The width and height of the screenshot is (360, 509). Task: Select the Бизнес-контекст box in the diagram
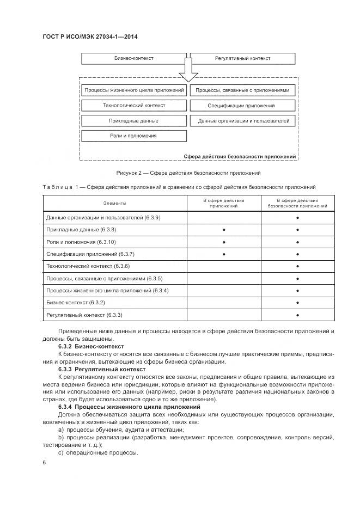coord(133,58)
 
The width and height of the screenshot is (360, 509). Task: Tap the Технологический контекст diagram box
coord(134,105)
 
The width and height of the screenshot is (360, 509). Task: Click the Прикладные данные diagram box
coord(134,120)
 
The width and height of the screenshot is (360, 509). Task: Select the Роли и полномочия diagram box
coord(134,136)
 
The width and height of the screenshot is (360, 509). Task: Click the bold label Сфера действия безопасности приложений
coord(240,156)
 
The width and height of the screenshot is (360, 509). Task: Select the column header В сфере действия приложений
coord(224,204)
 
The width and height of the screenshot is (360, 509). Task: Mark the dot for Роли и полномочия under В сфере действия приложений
coord(224,242)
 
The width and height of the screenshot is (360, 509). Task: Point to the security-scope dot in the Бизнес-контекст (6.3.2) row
coord(298,303)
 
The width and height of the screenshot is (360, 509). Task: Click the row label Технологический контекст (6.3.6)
coord(88,266)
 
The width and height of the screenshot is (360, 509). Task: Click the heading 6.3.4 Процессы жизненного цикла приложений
coord(130,407)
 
